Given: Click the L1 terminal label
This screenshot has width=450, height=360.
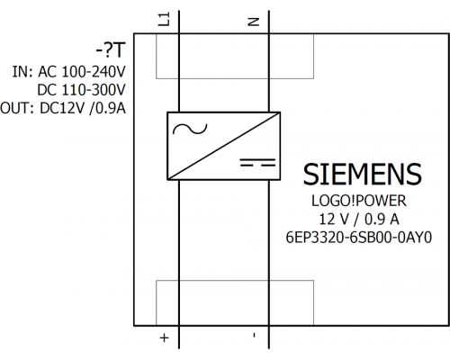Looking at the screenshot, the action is coord(164,19).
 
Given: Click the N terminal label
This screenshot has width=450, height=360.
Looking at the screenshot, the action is coord(254,22).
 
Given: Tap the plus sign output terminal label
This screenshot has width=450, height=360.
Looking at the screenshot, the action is coord(164,337).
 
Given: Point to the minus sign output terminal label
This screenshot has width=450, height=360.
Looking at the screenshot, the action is coord(255,335).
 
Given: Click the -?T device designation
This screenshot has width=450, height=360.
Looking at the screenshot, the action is coord(111,50).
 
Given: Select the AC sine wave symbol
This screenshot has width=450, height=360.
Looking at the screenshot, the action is coord(190,129).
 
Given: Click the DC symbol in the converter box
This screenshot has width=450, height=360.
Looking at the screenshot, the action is coord(257,162).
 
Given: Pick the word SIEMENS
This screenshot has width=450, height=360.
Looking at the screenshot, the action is coord(363,175).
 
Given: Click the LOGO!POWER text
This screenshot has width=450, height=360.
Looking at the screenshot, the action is coord(359,201).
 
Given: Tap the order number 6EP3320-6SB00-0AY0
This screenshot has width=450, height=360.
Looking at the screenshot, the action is coord(359,238).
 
